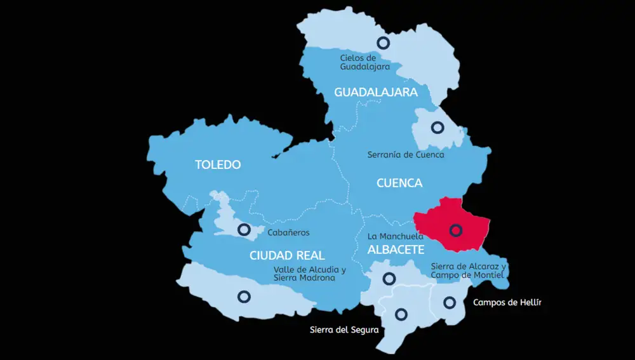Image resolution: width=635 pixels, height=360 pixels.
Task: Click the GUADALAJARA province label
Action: tap(376, 93)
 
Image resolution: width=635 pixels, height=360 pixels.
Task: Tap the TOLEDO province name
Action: tap(218, 165)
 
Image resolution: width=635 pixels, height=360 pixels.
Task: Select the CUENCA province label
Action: tap(399, 183)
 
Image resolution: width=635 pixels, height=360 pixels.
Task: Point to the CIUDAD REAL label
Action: tap(287, 256)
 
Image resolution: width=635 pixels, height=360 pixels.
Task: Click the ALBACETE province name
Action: tap(396, 250)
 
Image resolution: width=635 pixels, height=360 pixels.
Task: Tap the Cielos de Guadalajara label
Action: tap(364, 62)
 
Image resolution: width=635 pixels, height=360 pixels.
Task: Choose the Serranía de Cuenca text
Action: tap(406, 154)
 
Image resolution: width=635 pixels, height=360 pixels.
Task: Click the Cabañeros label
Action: tap(288, 233)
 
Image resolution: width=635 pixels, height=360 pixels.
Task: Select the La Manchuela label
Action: tap(396, 237)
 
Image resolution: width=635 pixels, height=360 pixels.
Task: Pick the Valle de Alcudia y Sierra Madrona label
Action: tap(309, 274)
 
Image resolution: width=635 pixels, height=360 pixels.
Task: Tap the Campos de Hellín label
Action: tap(507, 302)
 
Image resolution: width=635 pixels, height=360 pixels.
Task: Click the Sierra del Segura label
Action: tap(344, 330)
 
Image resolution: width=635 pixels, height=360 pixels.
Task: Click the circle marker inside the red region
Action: tap(455, 230)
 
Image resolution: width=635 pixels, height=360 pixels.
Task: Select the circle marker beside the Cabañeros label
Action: tap(243, 229)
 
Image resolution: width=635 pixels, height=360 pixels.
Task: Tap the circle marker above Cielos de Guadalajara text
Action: tap(383, 43)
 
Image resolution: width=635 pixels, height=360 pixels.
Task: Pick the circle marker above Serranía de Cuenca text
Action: tap(437, 128)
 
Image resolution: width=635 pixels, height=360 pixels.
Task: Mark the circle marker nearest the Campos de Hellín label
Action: tap(450, 302)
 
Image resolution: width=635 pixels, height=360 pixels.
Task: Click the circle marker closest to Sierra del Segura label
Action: tap(401, 314)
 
